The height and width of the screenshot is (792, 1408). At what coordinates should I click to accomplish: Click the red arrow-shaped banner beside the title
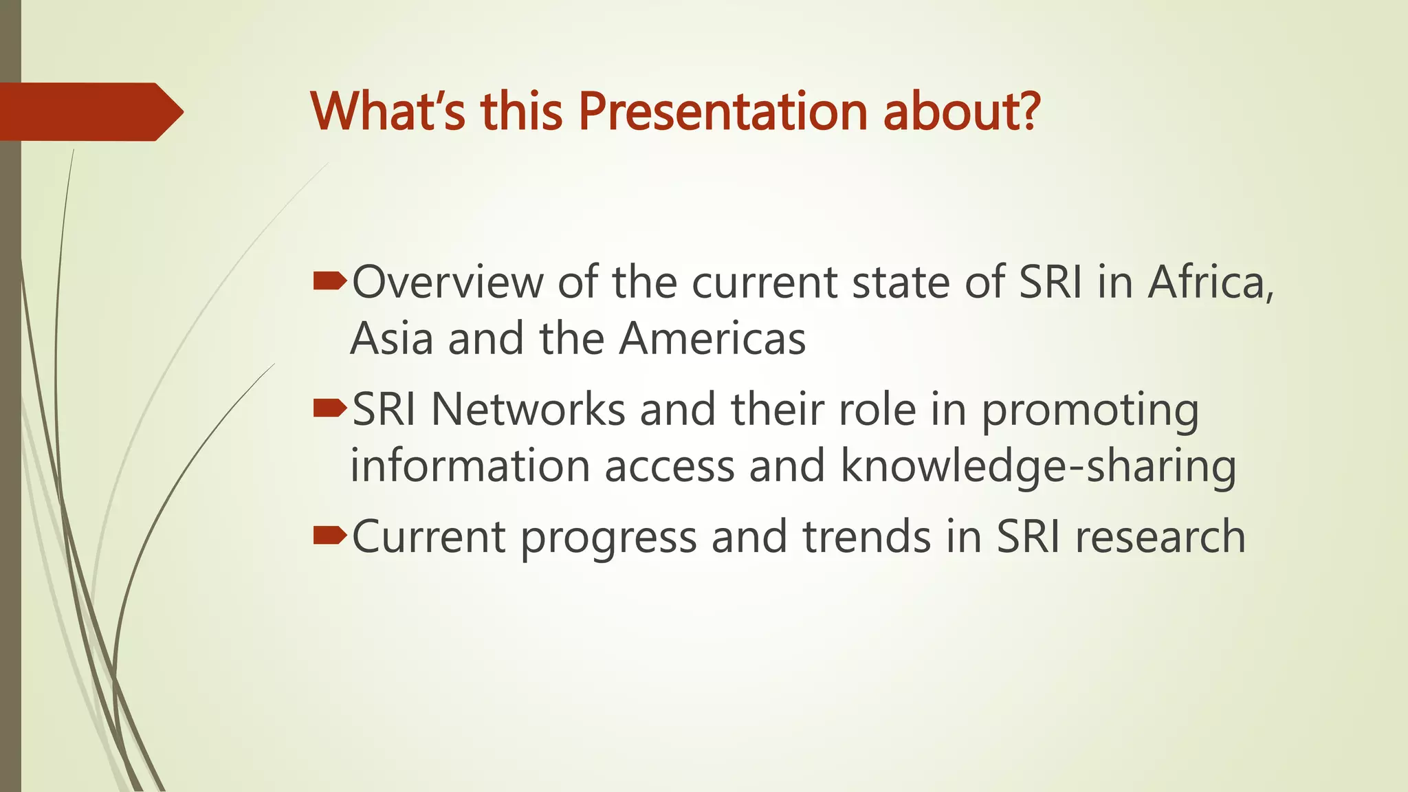pyautogui.click(x=89, y=111)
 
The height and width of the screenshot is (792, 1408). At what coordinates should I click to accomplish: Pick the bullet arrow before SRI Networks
pyautogui.click(x=329, y=409)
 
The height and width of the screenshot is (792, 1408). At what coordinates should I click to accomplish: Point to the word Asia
pyautogui.click(x=391, y=338)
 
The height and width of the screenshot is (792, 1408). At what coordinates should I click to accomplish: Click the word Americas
pyautogui.click(x=712, y=338)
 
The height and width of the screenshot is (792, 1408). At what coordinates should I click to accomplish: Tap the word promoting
pyautogui.click(x=1090, y=411)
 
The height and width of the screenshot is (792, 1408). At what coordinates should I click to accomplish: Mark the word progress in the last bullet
pyautogui.click(x=608, y=538)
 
